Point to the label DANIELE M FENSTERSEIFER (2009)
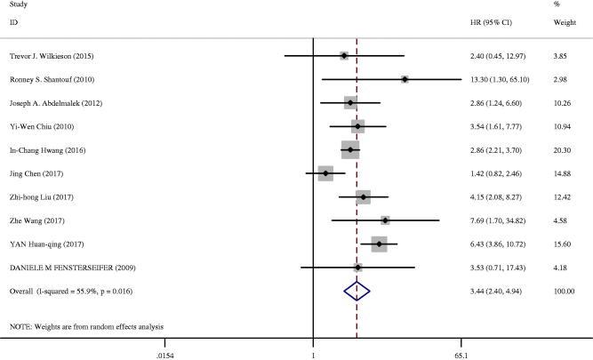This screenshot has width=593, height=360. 68,266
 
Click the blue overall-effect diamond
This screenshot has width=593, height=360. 357,290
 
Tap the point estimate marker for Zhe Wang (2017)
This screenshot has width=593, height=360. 385,220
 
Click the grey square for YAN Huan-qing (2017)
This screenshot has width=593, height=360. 380,243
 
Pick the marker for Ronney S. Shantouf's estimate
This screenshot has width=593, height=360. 405,80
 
